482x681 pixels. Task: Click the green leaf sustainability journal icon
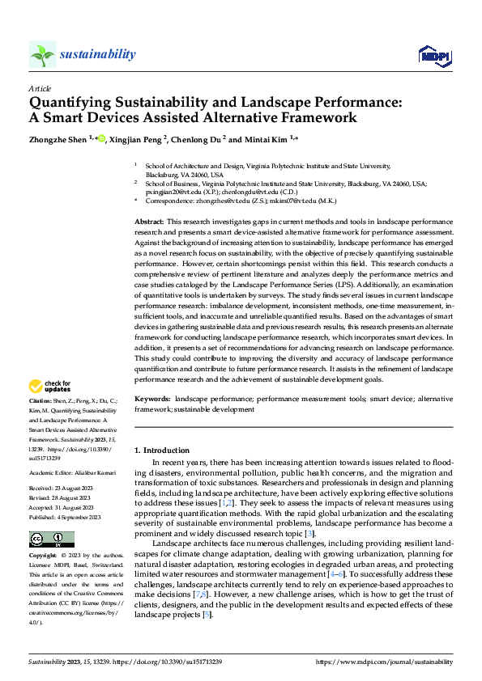pos(43,54)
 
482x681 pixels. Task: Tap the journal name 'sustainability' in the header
pos(97,54)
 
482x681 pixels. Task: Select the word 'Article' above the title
pos(40,88)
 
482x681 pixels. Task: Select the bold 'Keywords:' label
pos(152,400)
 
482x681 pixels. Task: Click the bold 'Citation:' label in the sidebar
pos(41,400)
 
